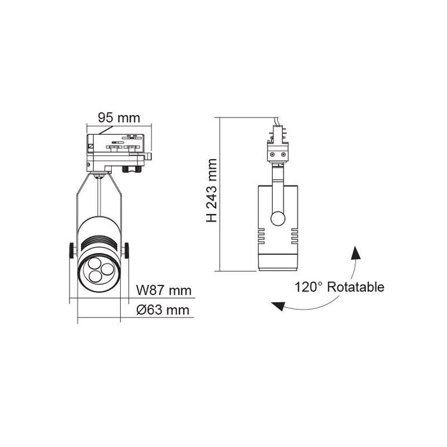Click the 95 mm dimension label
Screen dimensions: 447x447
118,117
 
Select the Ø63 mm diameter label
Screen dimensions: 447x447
164,311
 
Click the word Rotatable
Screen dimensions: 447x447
356,287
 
